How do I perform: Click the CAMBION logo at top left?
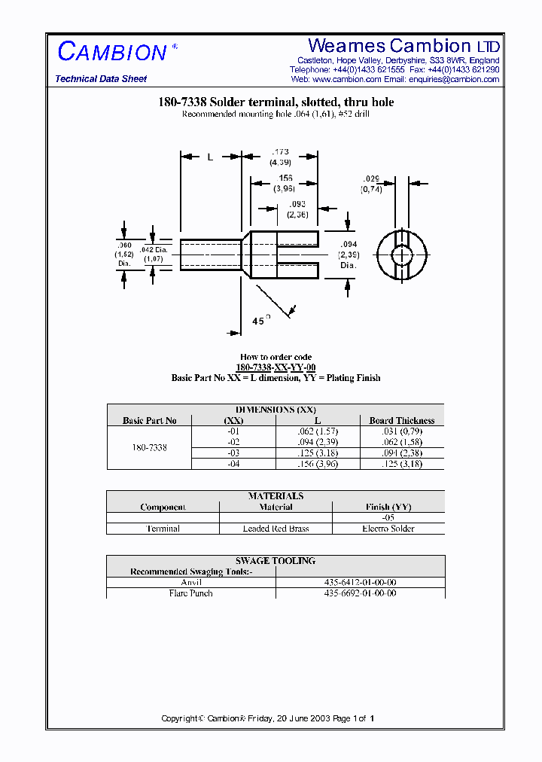pos(113,52)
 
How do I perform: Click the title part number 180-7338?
pos(181,102)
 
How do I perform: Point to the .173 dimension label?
pos(281,152)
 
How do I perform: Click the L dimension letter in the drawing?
pos(211,157)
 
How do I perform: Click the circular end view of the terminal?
pos(402,255)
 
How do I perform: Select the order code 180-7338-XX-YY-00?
pos(276,367)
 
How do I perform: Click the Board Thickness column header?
pos(401,420)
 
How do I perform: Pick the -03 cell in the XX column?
pos(234,453)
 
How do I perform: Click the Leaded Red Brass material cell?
pos(276,529)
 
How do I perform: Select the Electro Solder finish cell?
pos(388,529)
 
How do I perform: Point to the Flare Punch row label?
pos(191,593)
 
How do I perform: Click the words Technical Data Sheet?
pos(101,79)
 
